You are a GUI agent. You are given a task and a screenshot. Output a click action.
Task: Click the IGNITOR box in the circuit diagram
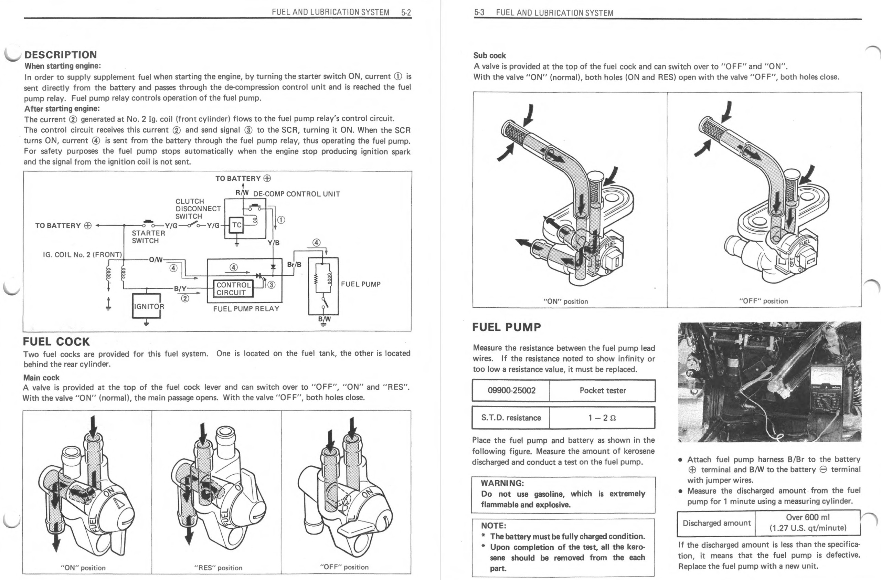[147, 306]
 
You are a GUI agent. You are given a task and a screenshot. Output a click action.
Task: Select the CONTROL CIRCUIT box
[234, 289]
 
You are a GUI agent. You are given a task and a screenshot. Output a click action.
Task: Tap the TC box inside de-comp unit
[236, 225]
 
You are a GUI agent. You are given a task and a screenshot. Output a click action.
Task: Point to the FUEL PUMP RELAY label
[246, 309]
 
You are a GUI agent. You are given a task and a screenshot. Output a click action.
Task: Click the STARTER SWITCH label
[148, 237]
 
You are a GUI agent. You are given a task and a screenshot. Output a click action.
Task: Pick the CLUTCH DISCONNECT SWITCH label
[198, 209]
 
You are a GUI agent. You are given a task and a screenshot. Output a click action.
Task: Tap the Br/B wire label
[294, 265]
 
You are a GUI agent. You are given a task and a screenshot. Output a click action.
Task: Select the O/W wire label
[156, 260]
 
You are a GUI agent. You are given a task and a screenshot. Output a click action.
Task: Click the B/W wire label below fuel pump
[324, 319]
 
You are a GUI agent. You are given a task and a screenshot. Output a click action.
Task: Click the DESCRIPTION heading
[60, 55]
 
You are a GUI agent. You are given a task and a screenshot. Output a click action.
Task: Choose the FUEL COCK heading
[56, 342]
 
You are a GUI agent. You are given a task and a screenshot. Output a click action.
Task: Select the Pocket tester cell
[602, 390]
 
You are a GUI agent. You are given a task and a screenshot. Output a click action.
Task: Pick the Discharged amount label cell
[716, 523]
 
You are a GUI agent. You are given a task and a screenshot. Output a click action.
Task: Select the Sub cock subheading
[489, 55]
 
